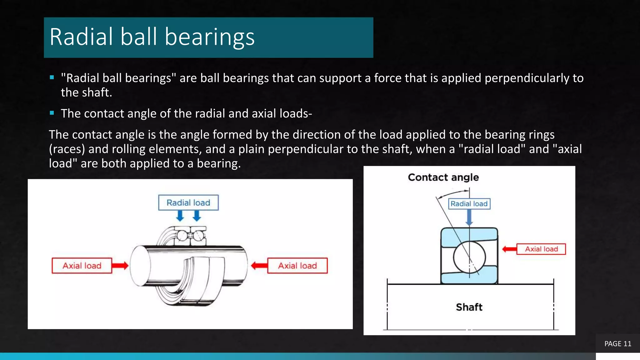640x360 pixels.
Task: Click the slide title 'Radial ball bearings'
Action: coord(152,37)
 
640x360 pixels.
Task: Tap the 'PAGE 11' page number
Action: coord(617,344)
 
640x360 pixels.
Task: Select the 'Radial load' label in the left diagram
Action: coord(188,202)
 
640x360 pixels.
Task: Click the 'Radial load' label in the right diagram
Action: coord(469,204)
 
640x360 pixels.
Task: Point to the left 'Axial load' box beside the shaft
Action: coord(82,266)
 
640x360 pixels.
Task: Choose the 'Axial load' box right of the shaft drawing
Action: coord(297,266)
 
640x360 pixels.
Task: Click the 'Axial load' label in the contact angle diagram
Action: coord(541,249)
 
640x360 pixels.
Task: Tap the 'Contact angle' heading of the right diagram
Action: coord(443,177)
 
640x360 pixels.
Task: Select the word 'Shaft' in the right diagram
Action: coord(469,307)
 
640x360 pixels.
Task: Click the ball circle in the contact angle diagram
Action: coord(469,257)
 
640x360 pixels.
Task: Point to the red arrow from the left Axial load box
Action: coord(120,266)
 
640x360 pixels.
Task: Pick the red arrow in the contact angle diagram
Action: coord(509,249)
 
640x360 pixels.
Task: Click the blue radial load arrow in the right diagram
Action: coord(469,217)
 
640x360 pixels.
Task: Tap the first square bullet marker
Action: coord(52,77)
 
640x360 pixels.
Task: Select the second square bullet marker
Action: coord(52,113)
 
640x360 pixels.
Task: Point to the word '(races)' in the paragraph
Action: coord(67,149)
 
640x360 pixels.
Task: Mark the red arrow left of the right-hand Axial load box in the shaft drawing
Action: coord(259,266)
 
